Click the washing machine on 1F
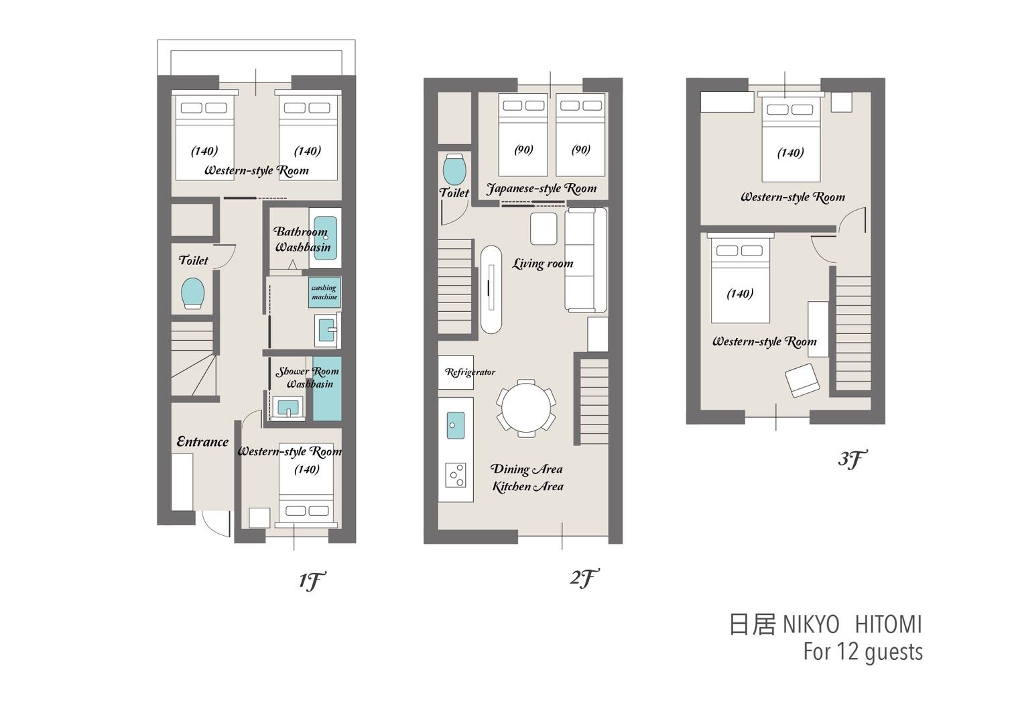coord(324,292)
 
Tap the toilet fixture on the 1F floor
coord(192,293)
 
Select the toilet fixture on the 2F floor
coord(454,169)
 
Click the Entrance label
coord(202,441)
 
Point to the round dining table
coord(526,408)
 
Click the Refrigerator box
coord(456,372)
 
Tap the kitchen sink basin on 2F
coord(455,425)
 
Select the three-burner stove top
coord(455,475)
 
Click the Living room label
coord(543,264)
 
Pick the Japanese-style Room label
coord(542,188)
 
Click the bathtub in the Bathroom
coord(326,238)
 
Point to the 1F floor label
coord(312,581)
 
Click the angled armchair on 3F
coord(803,380)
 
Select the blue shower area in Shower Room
coord(327,389)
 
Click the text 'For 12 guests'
coord(863,652)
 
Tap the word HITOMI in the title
coord(889,625)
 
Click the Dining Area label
coord(527,469)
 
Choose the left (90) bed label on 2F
coord(523,150)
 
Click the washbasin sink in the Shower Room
coord(288,407)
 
